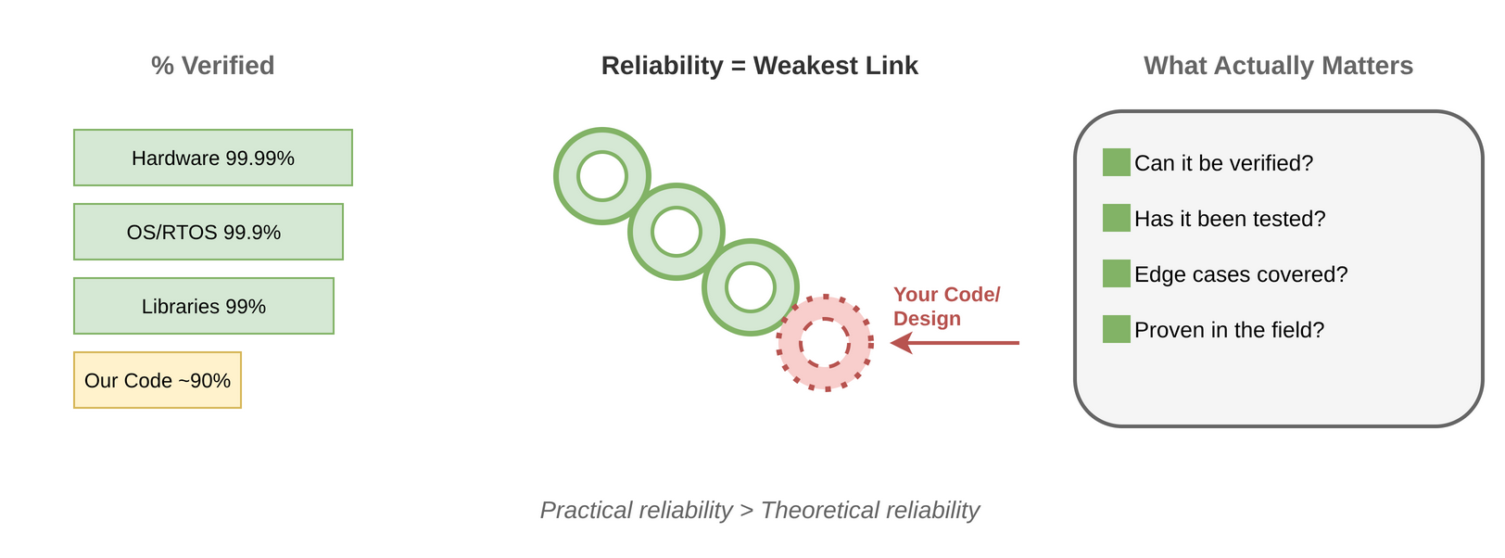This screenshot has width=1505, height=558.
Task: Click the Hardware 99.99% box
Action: tap(213, 158)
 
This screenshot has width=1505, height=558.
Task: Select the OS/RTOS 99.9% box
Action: tap(209, 232)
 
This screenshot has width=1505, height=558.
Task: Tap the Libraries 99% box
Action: tap(204, 306)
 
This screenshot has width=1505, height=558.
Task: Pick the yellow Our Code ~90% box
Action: tap(158, 380)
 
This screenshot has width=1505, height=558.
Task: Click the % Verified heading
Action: tap(213, 66)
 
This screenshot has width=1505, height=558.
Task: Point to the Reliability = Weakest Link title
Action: tap(759, 66)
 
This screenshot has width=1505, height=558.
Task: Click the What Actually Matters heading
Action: tap(1278, 66)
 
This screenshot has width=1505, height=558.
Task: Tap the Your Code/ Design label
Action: tap(945, 306)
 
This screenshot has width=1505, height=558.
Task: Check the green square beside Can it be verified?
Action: tap(1117, 162)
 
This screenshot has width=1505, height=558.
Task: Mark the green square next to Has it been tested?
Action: tap(1117, 218)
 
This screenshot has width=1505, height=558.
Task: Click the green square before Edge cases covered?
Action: tap(1117, 273)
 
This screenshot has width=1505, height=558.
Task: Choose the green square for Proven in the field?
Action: tap(1117, 329)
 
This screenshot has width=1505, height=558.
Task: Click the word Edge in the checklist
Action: tap(1156, 274)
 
